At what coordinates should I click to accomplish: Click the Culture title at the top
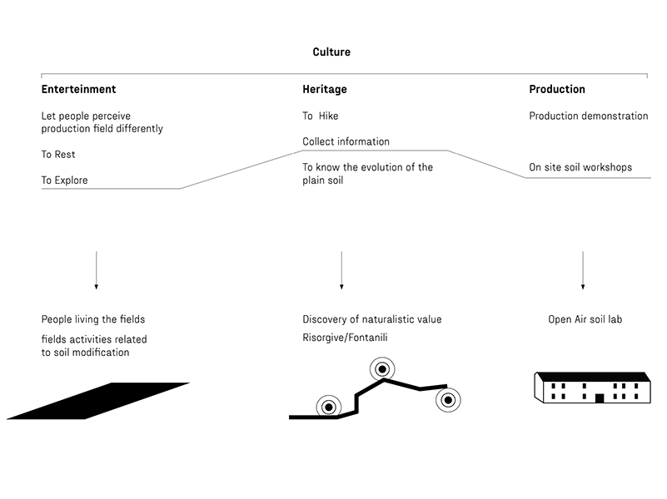tap(331, 52)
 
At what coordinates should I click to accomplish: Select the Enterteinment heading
tap(79, 89)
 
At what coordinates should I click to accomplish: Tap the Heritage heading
tap(325, 89)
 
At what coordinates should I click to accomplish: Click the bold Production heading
tap(557, 89)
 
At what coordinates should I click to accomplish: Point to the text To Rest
tap(58, 154)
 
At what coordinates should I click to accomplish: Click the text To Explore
tap(64, 180)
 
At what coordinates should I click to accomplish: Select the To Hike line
tap(321, 116)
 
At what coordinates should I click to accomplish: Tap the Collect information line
tap(346, 141)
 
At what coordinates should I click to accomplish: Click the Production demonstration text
tap(589, 116)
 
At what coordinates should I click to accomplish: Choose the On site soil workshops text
tap(580, 167)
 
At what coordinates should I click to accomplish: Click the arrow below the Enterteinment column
tap(96, 270)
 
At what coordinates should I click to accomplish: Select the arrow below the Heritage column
tap(341, 270)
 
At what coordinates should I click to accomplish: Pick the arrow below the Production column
tap(583, 270)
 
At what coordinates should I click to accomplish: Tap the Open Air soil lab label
tap(585, 319)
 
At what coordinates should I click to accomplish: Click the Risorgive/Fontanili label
tap(345, 338)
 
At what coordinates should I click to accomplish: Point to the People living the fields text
tap(93, 319)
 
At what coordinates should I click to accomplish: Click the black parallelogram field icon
tap(97, 401)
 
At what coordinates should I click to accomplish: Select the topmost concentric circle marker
tap(382, 369)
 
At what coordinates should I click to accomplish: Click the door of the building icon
tap(600, 398)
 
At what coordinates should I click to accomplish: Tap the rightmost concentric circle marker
tap(448, 400)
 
